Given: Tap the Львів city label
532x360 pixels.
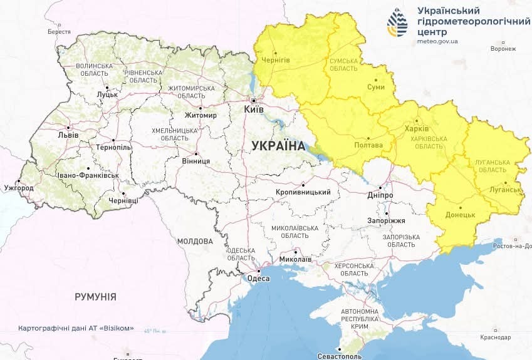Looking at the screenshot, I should tap(68, 135).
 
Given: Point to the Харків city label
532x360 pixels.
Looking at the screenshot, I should tap(417, 128).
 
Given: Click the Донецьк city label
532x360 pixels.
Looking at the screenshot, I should tap(461, 214).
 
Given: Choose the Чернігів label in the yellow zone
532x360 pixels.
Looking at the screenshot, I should tap(275, 59).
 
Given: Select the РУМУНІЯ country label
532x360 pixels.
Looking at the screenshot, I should tap(95, 296).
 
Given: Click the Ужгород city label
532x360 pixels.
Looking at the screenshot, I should tap(18, 187).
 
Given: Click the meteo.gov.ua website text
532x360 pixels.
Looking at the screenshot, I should tap(437, 41).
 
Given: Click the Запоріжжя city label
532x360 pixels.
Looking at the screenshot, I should tap(386, 221).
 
